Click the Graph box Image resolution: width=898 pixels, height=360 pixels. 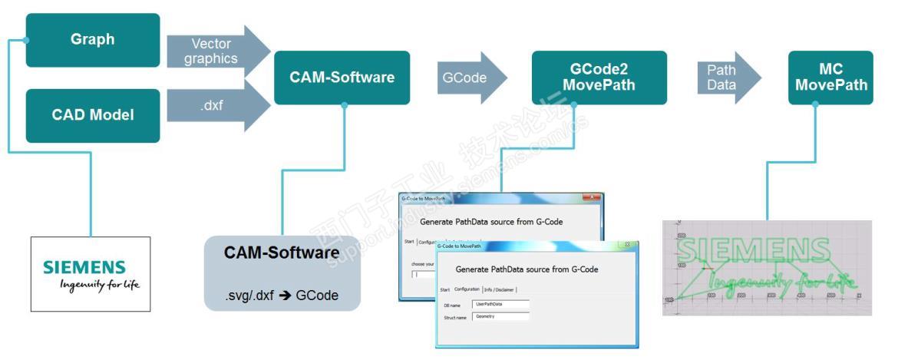pyautogui.click(x=93, y=40)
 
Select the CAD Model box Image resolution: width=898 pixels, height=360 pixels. pyautogui.click(x=93, y=115)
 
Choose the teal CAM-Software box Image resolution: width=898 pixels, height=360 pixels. pyautogui.click(x=342, y=78)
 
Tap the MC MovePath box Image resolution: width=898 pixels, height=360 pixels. pyautogui.click(x=831, y=78)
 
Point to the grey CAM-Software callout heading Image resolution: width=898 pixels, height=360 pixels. pyautogui.click(x=282, y=253)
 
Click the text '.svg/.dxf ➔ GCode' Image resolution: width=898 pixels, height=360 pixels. pyautogui.click(x=282, y=295)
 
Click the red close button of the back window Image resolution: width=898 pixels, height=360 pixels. pyautogui.click(x=592, y=198)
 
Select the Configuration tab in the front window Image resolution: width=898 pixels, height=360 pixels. pyautogui.click(x=467, y=289)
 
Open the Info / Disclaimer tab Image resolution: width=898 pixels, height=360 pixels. pyautogui.click(x=500, y=289)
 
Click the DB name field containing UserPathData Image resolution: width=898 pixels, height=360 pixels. pyautogui.click(x=500, y=304)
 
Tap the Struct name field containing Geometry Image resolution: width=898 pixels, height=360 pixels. pyautogui.click(x=500, y=316)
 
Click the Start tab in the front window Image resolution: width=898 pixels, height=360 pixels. pyautogui.click(x=444, y=289)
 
